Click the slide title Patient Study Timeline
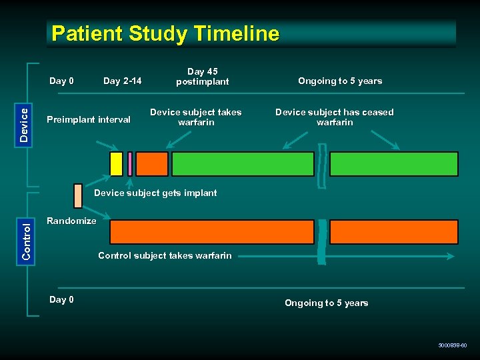(165, 33)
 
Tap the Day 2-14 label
(122, 81)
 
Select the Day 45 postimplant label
(202, 77)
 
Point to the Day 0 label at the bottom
(61, 299)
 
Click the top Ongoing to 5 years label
(340, 81)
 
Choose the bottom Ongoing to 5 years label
(327, 303)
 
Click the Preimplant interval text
(89, 120)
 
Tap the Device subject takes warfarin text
(195, 117)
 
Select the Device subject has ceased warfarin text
(335, 117)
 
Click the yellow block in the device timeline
(116, 164)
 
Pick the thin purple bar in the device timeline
(130, 164)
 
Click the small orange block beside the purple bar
(152, 164)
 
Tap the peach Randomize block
(78, 195)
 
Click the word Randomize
(71, 221)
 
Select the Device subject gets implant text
(156, 193)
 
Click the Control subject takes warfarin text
(165, 255)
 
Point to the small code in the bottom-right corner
(453, 345)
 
